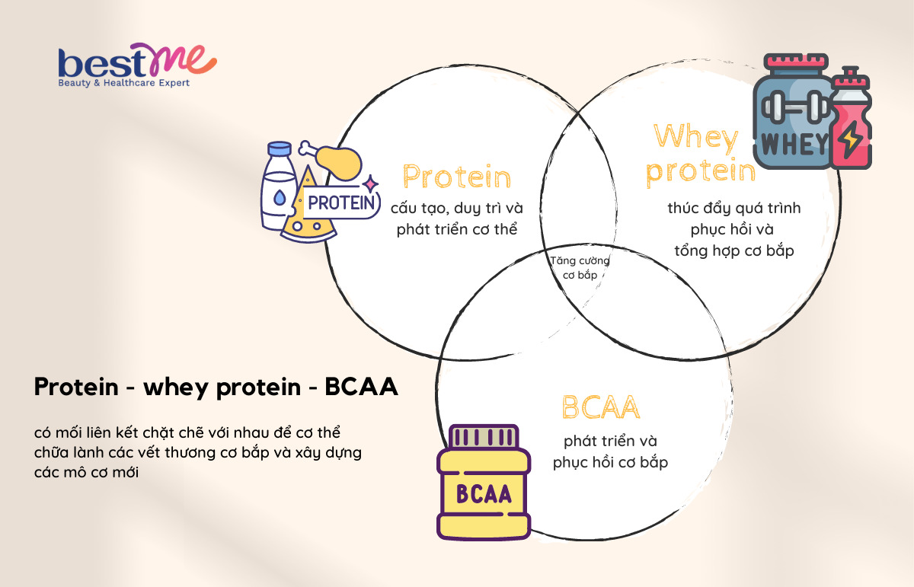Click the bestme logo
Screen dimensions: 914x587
tap(138, 65)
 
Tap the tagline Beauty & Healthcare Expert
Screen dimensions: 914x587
tap(123, 83)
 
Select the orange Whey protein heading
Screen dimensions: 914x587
tap(701, 155)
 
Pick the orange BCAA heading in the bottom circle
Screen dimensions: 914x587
tap(601, 407)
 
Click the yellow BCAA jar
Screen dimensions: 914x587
tap(484, 482)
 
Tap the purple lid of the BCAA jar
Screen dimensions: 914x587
tap(484, 436)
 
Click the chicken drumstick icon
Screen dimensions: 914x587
tap(331, 160)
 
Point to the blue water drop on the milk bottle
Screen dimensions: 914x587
tap(280, 197)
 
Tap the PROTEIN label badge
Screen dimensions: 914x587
tap(342, 203)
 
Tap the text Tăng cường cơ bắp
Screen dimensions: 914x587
tap(580, 267)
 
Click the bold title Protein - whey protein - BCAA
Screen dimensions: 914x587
tap(216, 387)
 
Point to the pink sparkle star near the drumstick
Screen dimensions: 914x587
tap(370, 183)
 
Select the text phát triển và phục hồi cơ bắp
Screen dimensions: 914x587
tap(610, 451)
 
